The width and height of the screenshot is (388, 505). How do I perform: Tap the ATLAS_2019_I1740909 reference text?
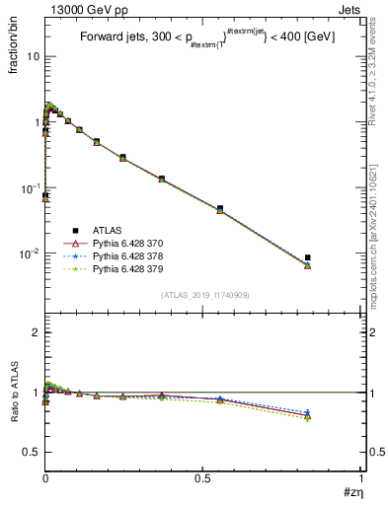click(x=203, y=295)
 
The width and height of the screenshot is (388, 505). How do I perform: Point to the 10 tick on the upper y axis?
click(x=33, y=56)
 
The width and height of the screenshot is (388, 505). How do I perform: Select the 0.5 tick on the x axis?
click(x=202, y=478)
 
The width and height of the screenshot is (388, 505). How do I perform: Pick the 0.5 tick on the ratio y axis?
click(x=31, y=452)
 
